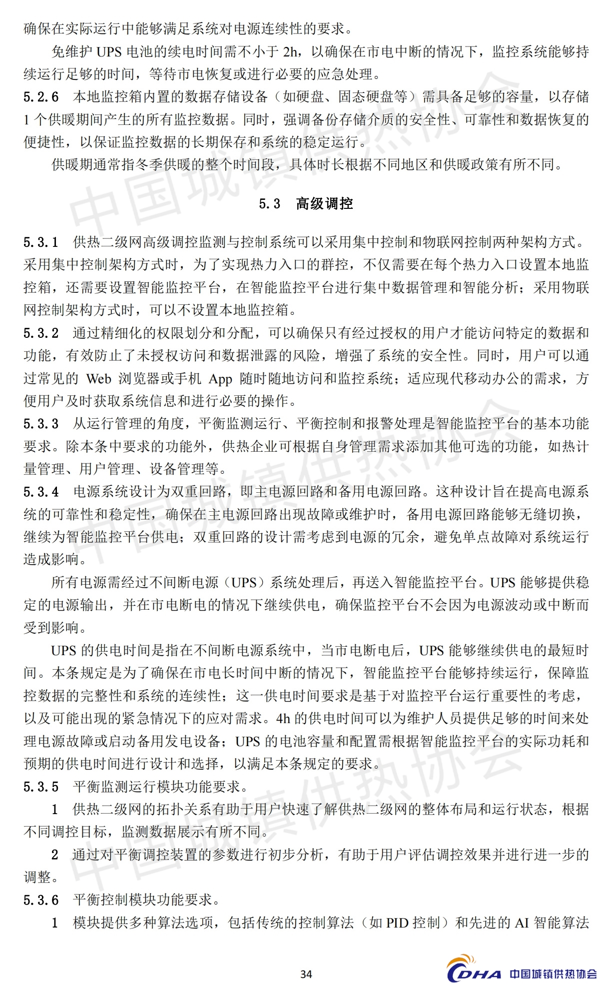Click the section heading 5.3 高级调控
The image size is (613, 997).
tap(306, 204)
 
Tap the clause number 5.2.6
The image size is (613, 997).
tap(41, 97)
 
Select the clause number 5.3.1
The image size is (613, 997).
tap(41, 243)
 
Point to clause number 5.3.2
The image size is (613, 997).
tap(41, 333)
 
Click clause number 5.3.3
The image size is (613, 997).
tap(41, 424)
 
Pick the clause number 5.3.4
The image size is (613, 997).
tap(41, 492)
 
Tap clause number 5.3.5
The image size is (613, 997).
tap(41, 787)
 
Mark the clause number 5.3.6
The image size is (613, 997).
tap(41, 901)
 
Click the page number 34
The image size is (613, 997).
tap(306, 974)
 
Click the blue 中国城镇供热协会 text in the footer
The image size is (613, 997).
tap(553, 974)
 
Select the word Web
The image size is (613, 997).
tap(98, 379)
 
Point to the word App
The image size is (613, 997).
tap(220, 379)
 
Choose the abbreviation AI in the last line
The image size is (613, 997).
tap(522, 923)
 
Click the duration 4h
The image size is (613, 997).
tap(283, 719)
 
